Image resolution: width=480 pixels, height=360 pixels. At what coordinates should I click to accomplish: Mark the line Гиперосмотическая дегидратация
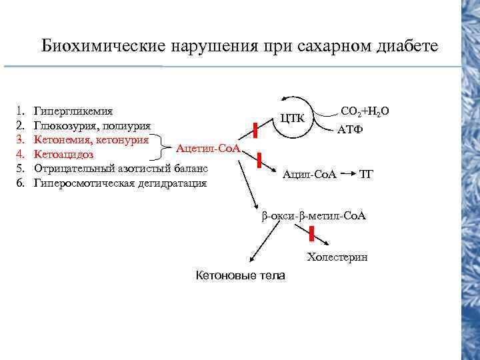pyautogui.click(x=121, y=183)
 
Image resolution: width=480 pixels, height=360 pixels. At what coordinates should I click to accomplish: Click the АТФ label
pyautogui.click(x=350, y=129)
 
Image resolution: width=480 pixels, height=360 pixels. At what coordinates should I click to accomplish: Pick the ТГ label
pyautogui.click(x=367, y=175)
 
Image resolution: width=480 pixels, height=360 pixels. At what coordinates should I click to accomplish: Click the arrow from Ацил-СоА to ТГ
pyautogui.click(x=347, y=175)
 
